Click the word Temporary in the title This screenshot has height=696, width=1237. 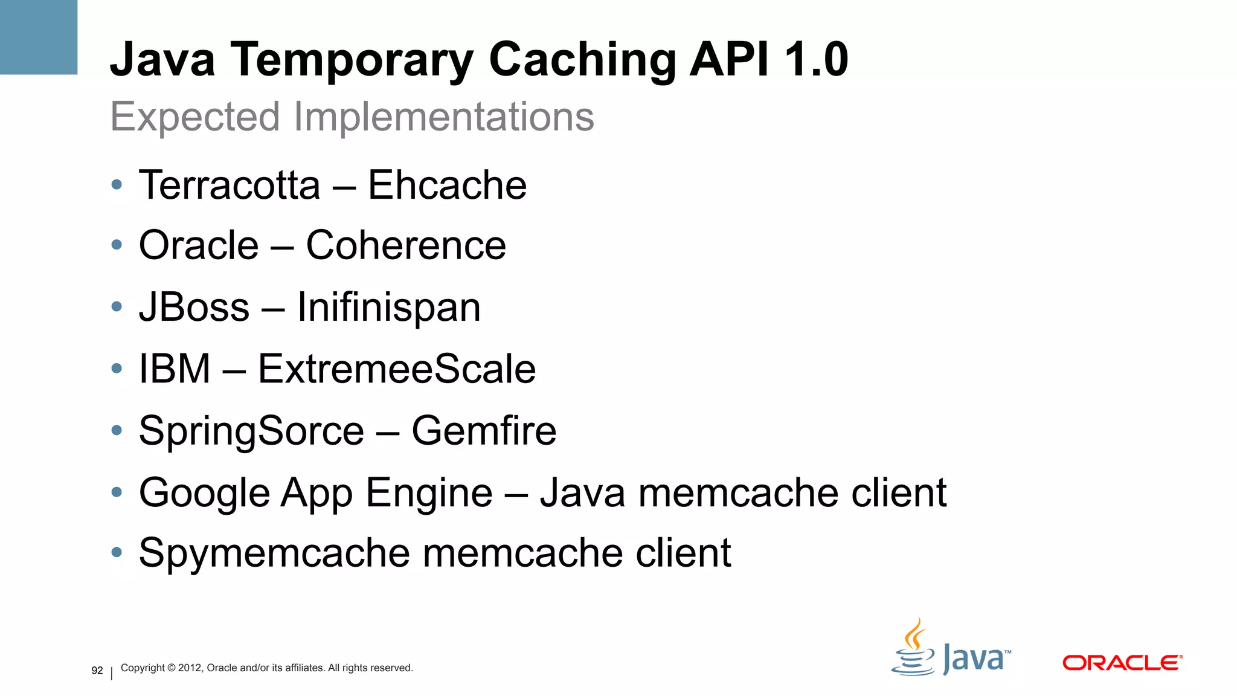coord(352,60)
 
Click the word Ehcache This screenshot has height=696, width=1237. coord(447,185)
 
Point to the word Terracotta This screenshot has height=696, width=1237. coord(230,185)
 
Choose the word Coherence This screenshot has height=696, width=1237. coord(406,246)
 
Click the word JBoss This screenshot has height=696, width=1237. coord(194,307)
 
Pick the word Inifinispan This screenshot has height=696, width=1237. coord(389,308)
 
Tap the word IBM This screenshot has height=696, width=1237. coord(175,369)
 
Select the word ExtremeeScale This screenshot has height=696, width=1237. coord(397,369)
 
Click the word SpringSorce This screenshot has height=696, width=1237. coord(251,431)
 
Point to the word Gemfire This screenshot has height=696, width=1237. coord(484,431)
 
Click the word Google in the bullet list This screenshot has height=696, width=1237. coord(204,493)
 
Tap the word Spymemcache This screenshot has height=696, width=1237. coord(274,553)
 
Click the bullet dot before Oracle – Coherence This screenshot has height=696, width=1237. coord(117,245)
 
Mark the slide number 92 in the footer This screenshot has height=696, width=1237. coord(97,671)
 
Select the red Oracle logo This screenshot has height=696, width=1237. coord(1122,663)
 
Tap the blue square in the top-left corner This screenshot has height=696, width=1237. coord(39,37)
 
